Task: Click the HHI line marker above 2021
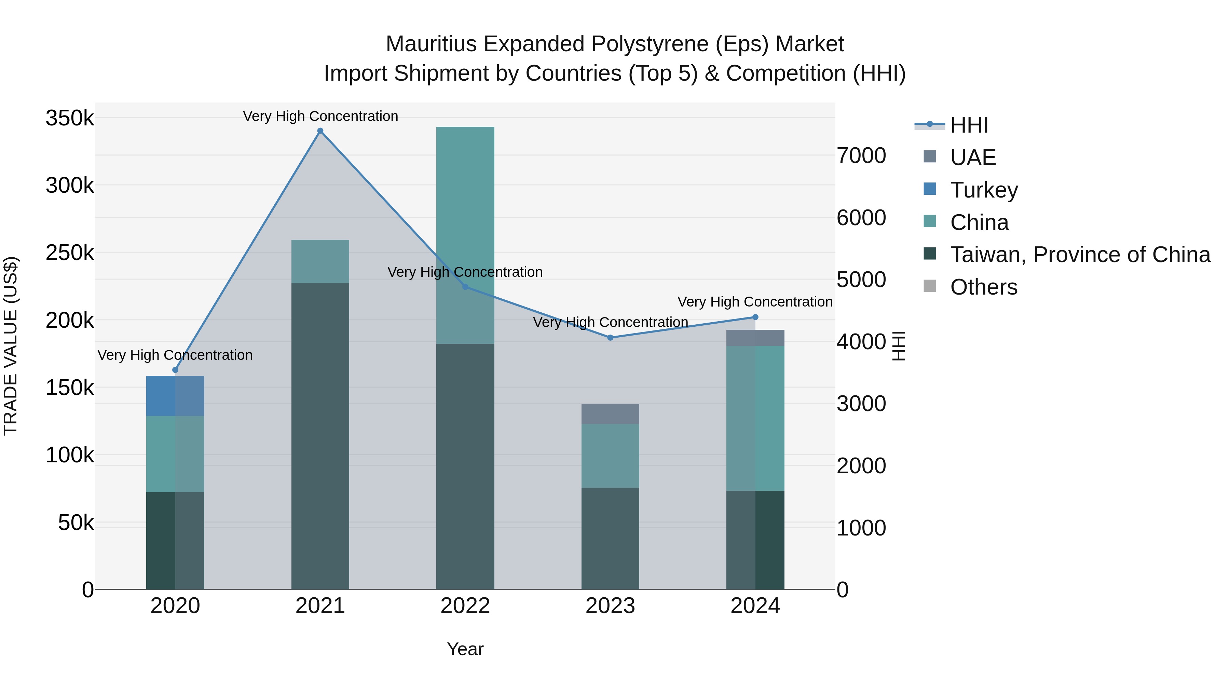tap(320, 131)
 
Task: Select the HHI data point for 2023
tap(610, 338)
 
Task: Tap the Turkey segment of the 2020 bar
tap(175, 396)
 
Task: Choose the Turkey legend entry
tap(984, 190)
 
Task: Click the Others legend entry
tap(984, 287)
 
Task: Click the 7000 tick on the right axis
tap(861, 156)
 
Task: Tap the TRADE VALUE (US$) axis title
tap(11, 346)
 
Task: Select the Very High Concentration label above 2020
tap(175, 355)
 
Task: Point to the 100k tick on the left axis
tap(70, 456)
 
